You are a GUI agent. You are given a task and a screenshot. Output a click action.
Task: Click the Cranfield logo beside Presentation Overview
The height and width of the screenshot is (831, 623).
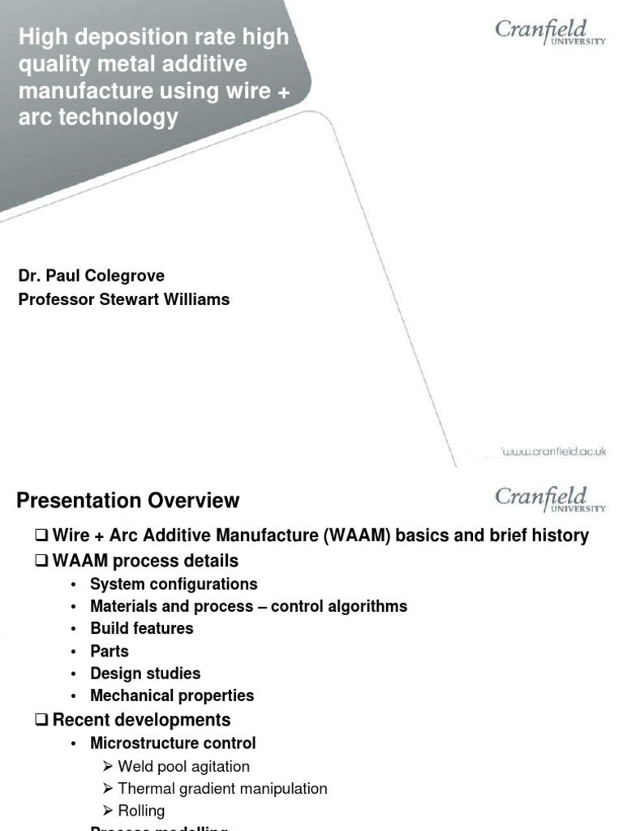point(550,499)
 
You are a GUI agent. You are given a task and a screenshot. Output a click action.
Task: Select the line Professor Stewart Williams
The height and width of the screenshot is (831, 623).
point(124,299)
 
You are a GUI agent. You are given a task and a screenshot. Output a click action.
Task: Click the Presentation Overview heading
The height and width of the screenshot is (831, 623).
point(128,501)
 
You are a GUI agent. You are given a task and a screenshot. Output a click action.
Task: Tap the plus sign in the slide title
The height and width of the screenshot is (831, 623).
point(282,90)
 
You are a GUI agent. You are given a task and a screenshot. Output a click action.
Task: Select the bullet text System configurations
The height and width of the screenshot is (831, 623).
point(174,584)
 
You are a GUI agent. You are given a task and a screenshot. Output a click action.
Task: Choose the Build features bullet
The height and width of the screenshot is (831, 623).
point(142,628)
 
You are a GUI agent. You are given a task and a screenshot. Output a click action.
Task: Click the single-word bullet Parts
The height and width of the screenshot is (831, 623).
point(110,651)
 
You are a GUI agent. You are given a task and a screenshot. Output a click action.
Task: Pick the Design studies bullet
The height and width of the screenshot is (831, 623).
point(145,674)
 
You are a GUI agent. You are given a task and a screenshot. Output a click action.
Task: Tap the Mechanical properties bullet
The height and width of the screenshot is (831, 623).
point(172,695)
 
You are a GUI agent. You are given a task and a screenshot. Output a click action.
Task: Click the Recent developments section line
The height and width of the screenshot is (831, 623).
point(141,720)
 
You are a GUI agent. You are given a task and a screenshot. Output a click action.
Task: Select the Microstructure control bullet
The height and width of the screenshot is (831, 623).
point(173,743)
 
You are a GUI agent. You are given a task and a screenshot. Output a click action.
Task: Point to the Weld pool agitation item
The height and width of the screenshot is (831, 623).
point(183,766)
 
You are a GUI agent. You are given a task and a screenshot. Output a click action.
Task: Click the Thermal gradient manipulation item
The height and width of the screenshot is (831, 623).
point(222,788)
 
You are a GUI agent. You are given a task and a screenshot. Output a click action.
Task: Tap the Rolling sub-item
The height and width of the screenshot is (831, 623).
point(141,811)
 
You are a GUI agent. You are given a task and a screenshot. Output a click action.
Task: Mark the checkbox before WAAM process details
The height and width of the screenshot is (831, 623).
point(42,561)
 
